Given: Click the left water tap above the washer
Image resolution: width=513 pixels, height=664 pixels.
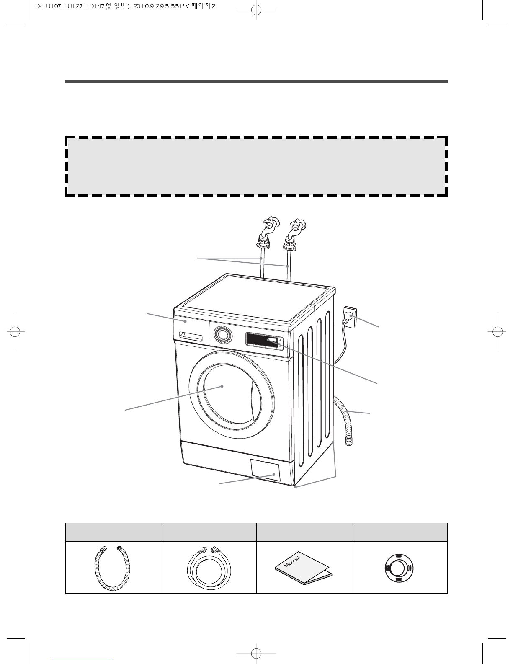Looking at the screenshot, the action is pyautogui.click(x=268, y=232).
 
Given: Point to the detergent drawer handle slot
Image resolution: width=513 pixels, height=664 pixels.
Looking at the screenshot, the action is pyautogui.click(x=191, y=336).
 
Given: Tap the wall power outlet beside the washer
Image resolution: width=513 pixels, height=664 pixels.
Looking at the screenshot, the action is pyautogui.click(x=350, y=316).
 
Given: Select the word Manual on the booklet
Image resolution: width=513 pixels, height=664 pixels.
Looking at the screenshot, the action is pyautogui.click(x=292, y=562).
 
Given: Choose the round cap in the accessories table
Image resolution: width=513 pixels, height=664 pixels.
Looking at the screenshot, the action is pyautogui.click(x=399, y=568).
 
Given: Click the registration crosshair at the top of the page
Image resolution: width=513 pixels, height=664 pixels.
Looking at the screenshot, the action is pyautogui.click(x=256, y=10).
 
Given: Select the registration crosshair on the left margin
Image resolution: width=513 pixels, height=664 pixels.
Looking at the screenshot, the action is pyautogui.click(x=15, y=331).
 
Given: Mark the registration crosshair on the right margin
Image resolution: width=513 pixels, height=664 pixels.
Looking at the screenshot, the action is pyautogui.click(x=498, y=331).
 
